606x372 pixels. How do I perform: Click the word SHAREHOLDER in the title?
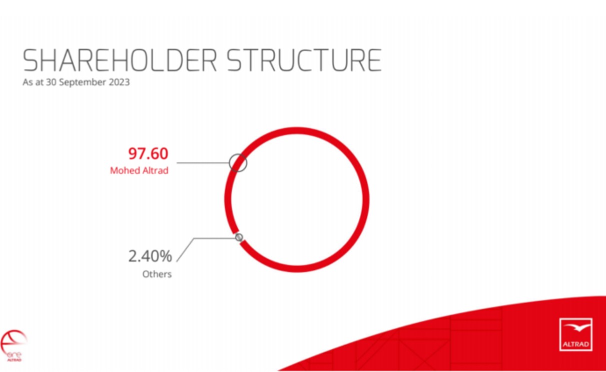120,60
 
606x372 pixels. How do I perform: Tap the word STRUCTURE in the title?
304,60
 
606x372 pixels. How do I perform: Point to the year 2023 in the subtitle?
119,82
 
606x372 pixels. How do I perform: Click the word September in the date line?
83,82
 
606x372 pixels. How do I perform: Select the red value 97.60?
148,153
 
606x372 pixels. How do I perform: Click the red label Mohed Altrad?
139,170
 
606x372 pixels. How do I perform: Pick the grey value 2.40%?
150,256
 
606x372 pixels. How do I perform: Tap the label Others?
157,274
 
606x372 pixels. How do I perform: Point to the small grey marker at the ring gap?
239,237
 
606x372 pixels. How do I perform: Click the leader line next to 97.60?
203,163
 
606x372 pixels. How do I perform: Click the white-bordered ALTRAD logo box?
575,334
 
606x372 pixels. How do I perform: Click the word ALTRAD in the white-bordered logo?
575,344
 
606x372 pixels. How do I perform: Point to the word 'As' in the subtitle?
28,82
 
